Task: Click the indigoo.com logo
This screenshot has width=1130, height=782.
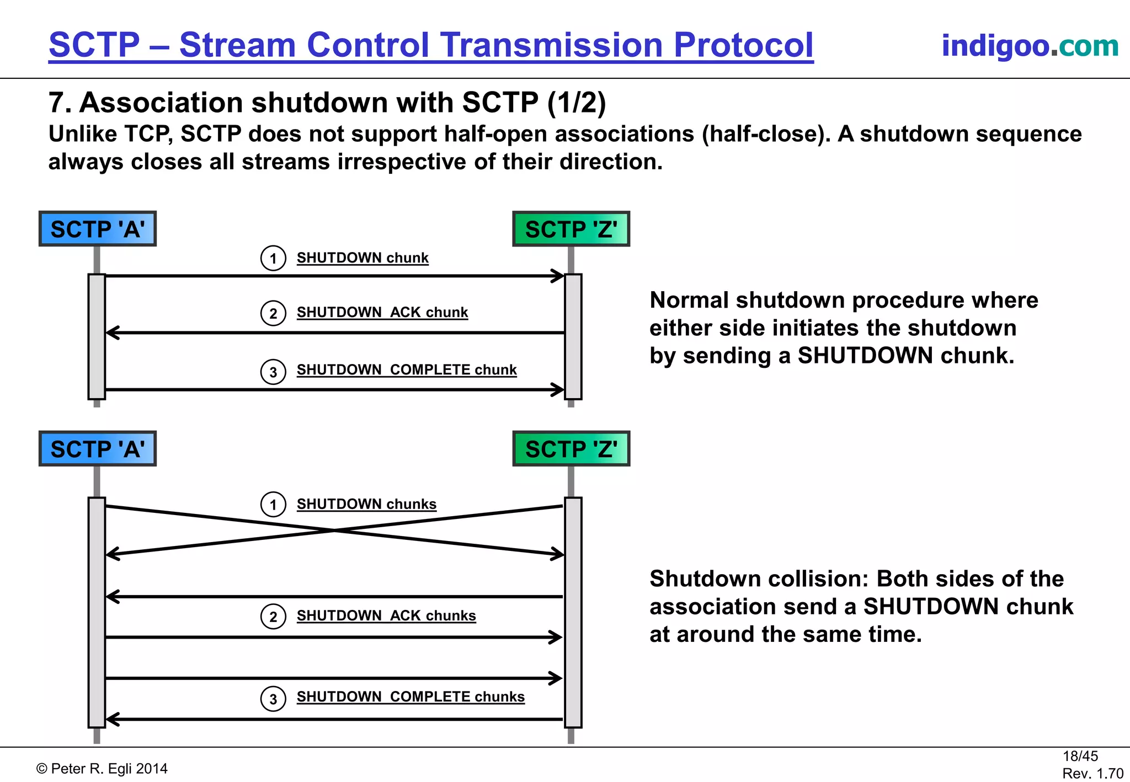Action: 1030,46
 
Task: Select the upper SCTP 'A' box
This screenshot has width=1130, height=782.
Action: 98,229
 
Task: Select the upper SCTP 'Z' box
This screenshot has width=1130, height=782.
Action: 571,229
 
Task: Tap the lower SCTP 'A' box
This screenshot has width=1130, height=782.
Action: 98,449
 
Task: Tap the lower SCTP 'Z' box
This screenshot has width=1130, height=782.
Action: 571,449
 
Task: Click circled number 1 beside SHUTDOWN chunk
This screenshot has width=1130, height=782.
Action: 273,258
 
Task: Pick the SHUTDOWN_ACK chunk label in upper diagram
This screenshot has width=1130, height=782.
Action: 382,312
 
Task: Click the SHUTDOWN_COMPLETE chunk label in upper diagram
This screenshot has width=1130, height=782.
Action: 407,369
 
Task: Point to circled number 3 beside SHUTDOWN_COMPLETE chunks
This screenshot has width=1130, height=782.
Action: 273,699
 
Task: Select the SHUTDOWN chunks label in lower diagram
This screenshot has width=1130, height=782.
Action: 366,504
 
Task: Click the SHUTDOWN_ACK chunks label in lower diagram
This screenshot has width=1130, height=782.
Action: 386,615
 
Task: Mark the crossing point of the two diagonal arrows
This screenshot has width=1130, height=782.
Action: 335,530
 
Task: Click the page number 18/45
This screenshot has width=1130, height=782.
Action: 1080,756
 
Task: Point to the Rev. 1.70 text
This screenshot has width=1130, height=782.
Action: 1092,773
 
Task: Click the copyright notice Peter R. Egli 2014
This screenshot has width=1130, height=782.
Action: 102,769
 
